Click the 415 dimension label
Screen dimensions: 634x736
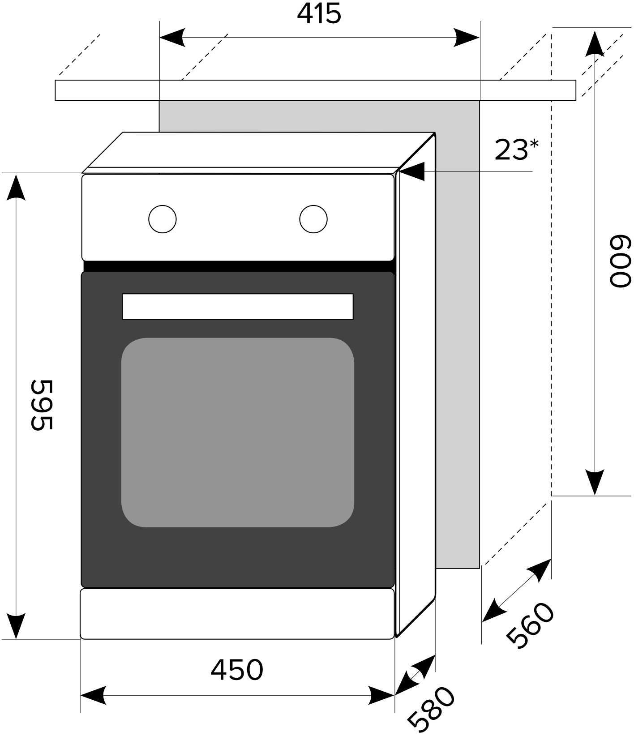point(319,14)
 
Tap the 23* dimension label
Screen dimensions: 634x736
point(516,150)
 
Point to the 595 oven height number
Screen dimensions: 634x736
point(42,405)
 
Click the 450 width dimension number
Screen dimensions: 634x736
point(237,670)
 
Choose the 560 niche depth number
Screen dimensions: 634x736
point(530,625)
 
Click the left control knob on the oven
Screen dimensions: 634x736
point(163,219)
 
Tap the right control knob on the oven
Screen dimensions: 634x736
point(313,219)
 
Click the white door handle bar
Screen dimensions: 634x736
point(238,307)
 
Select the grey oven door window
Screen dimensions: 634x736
point(238,432)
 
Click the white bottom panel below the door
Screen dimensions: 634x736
point(237,614)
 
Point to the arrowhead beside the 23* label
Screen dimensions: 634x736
point(412,171)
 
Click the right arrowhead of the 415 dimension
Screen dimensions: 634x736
point(467,38)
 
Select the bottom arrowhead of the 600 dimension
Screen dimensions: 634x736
point(595,483)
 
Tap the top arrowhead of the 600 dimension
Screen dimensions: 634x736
point(595,44)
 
